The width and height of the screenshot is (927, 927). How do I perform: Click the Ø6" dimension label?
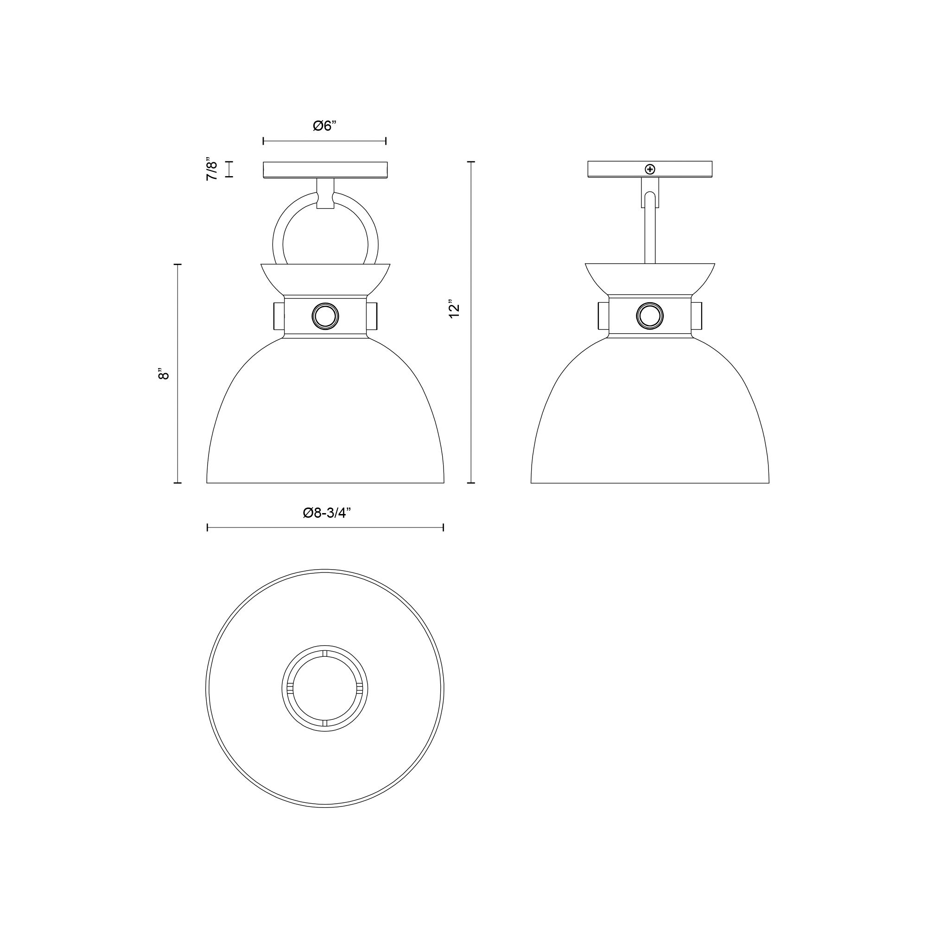pos(325,126)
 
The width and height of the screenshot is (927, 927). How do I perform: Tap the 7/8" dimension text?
pos(212,169)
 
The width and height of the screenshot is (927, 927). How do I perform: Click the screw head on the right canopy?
pos(650,169)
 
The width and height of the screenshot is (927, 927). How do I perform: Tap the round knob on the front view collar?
pos(325,316)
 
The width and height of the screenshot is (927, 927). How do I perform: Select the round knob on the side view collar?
pos(650,316)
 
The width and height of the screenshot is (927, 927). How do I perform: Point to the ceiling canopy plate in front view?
pos(325,170)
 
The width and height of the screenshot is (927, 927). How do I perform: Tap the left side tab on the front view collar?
pos(279,316)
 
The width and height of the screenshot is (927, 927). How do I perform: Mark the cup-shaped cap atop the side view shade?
pos(650,278)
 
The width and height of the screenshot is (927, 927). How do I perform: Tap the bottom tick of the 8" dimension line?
pos(178,483)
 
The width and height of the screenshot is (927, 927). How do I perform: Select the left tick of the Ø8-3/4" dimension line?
pos(207,528)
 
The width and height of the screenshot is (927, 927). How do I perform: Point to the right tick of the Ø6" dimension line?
pos(386,141)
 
